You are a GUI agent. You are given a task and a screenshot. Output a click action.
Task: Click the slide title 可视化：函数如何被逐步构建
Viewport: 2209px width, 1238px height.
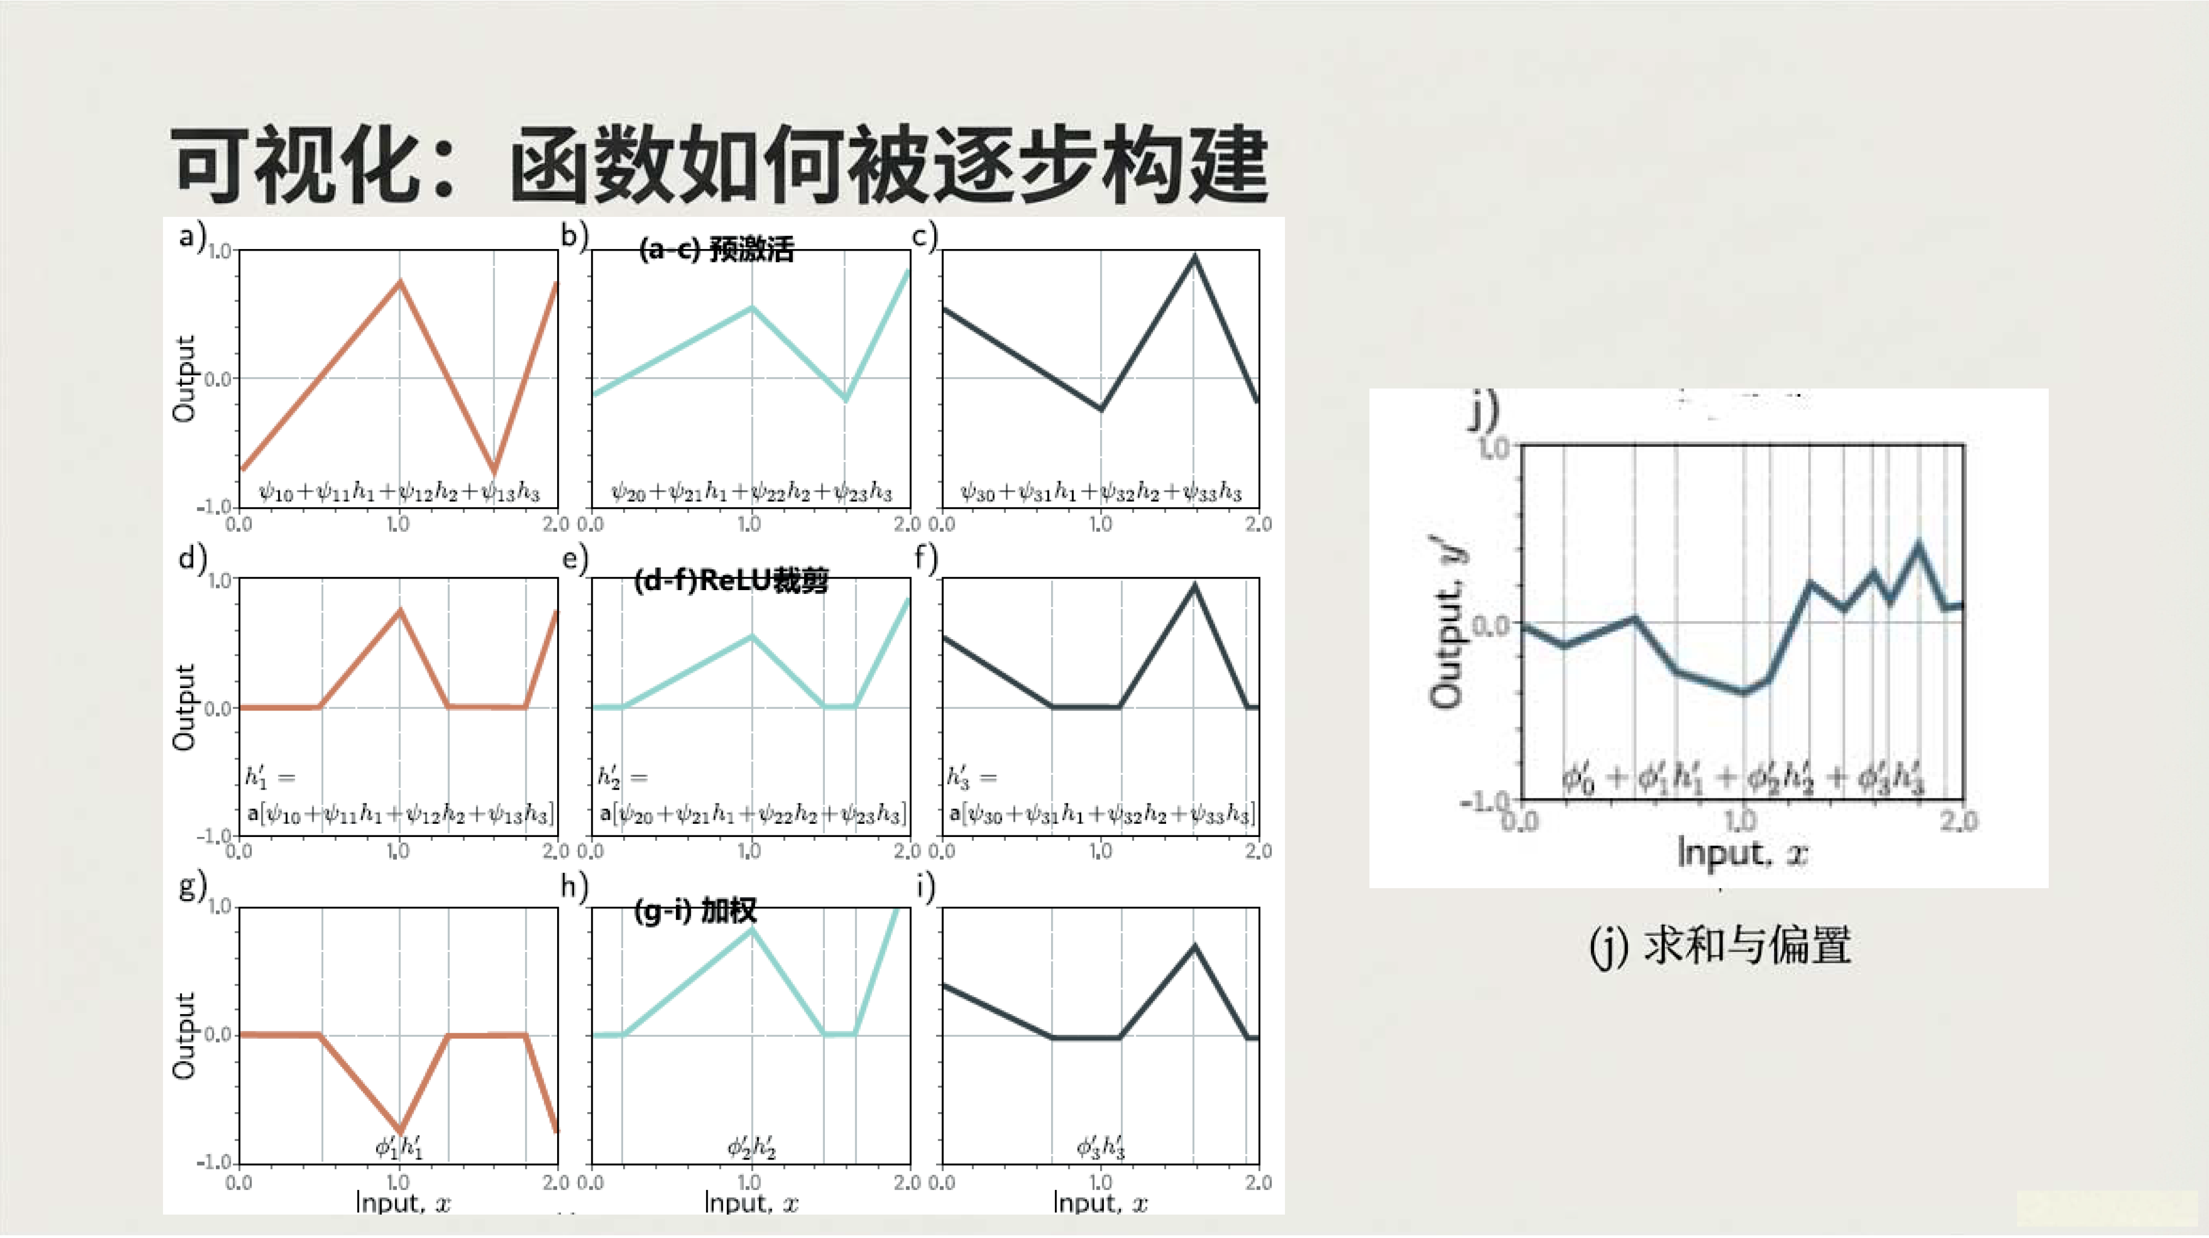pyautogui.click(x=719, y=164)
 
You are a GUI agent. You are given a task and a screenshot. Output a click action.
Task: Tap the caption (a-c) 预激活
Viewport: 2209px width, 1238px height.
pyautogui.click(x=716, y=250)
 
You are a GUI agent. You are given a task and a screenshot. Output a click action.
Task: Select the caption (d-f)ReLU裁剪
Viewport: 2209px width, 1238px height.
pyautogui.click(x=731, y=580)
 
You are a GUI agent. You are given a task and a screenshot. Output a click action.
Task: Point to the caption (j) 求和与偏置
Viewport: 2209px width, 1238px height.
pyautogui.click(x=1719, y=945)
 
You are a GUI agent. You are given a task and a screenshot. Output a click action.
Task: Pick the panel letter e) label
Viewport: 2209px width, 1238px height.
pyautogui.click(x=575, y=559)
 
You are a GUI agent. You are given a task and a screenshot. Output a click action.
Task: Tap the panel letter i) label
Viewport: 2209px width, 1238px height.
pyautogui.click(x=925, y=887)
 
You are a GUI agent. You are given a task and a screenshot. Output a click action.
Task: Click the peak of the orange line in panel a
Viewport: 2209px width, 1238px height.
pyautogui.click(x=400, y=281)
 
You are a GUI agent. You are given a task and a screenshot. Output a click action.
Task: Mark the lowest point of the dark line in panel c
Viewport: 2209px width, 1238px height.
pyautogui.click(x=1101, y=409)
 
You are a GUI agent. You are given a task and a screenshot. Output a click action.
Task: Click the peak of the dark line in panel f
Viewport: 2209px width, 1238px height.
pyautogui.click(x=1194, y=586)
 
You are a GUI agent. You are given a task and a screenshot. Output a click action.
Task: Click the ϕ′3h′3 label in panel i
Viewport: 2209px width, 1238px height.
pyautogui.click(x=1100, y=1146)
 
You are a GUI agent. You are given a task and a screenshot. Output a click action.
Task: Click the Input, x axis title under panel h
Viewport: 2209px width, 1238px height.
pyautogui.click(x=751, y=1203)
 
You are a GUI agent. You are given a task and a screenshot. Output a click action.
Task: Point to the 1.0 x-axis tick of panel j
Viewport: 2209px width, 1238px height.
pyautogui.click(x=1741, y=821)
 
